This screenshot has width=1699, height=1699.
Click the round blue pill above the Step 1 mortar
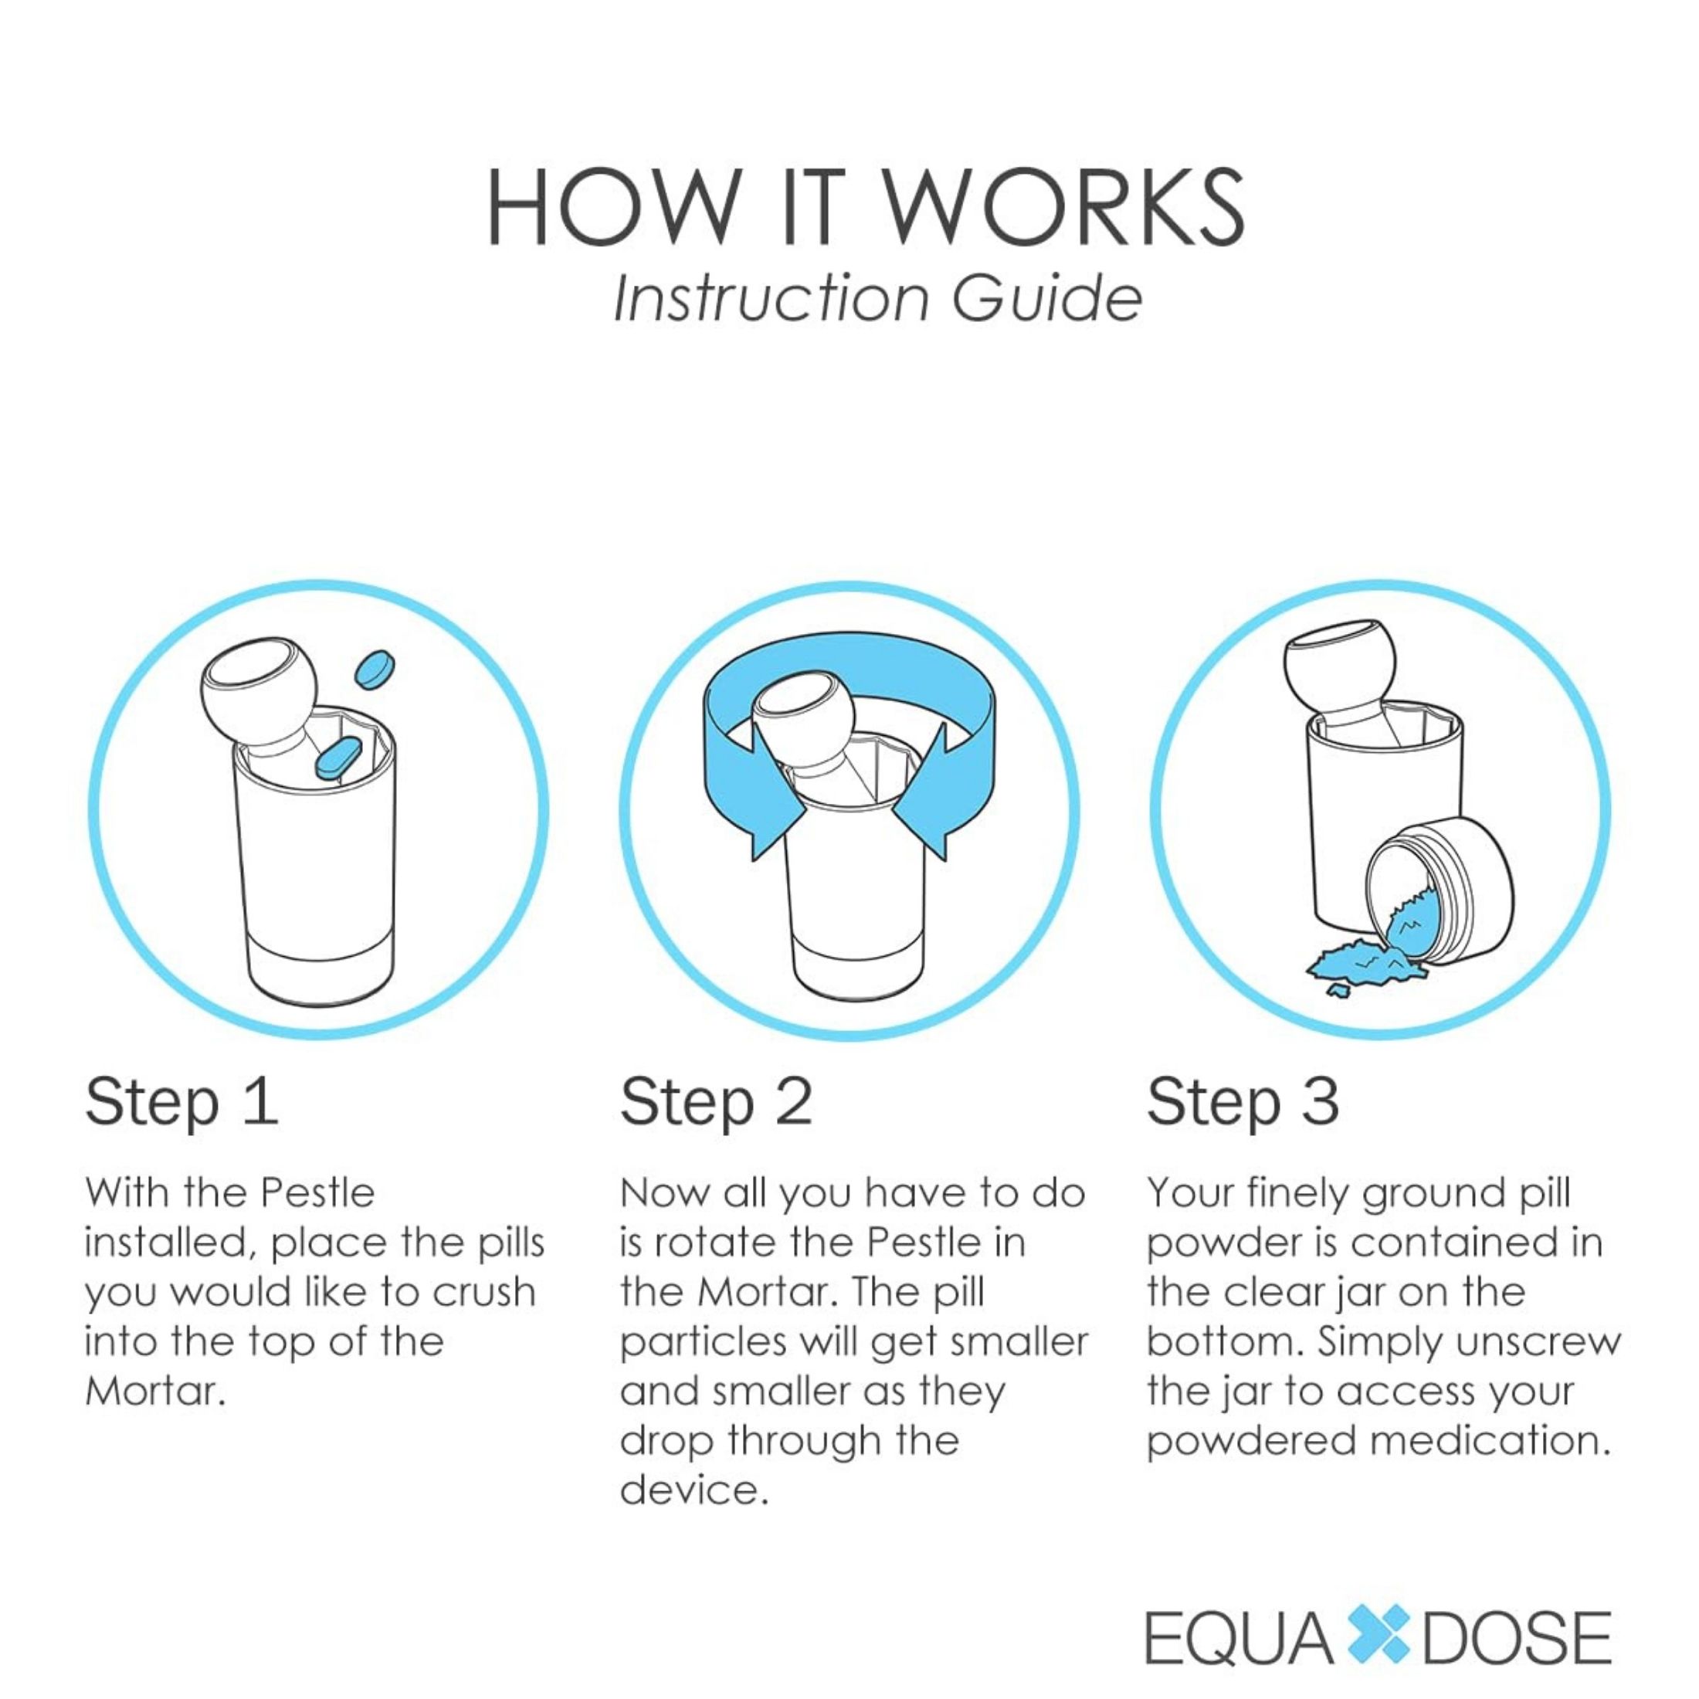click(x=374, y=670)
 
